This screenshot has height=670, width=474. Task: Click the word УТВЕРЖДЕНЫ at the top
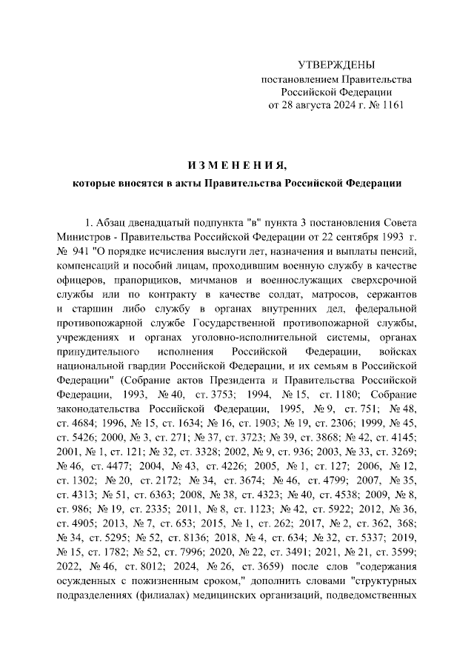pos(336,65)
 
